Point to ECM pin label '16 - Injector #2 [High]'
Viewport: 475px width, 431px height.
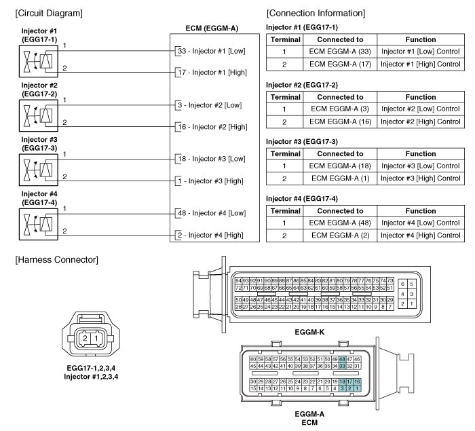[212, 127]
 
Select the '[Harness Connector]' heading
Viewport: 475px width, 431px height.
[56, 259]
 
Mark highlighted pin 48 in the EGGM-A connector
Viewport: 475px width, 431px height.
[343, 358]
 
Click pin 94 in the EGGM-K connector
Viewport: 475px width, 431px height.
[238, 280]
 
